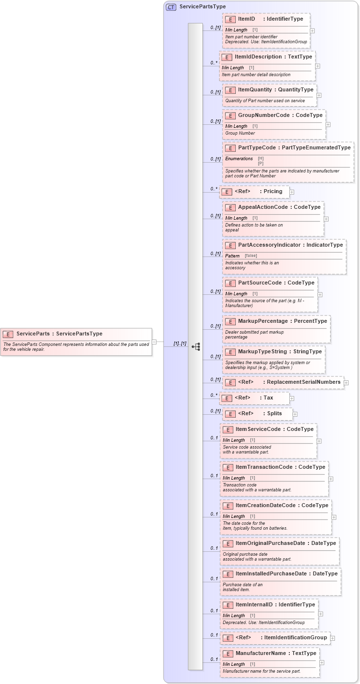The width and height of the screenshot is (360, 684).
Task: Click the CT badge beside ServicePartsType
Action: click(x=171, y=7)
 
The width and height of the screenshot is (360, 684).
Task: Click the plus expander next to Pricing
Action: click(x=292, y=192)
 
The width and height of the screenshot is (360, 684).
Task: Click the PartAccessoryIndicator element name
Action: click(x=269, y=245)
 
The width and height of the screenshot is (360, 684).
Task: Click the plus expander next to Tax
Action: click(x=292, y=399)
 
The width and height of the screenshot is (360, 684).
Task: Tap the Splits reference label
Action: click(x=275, y=414)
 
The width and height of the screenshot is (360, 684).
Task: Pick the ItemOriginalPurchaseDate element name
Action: click(x=271, y=543)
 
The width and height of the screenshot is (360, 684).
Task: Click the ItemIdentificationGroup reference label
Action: click(x=295, y=638)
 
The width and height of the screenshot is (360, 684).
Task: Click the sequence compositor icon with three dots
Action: click(x=196, y=346)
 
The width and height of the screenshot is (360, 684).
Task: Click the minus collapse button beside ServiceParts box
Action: click(x=154, y=342)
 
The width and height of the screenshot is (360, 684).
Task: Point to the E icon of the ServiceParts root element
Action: click(x=8, y=334)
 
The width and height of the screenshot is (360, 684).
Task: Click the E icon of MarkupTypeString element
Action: click(x=230, y=352)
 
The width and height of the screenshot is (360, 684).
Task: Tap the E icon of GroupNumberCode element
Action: click(x=230, y=115)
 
